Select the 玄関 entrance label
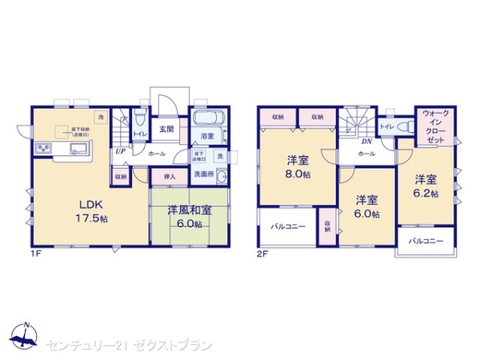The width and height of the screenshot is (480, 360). pyautogui.click(x=167, y=129)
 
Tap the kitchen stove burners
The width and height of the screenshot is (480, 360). pyautogui.click(x=42, y=150)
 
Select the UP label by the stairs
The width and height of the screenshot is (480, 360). pyautogui.click(x=119, y=150)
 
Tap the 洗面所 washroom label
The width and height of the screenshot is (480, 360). pyautogui.click(x=205, y=174)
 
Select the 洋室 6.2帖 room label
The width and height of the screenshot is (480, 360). pyautogui.click(x=426, y=186)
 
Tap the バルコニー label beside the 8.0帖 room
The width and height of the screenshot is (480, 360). pyautogui.click(x=288, y=227)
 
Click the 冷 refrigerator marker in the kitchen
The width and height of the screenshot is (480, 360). pyautogui.click(x=101, y=118)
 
